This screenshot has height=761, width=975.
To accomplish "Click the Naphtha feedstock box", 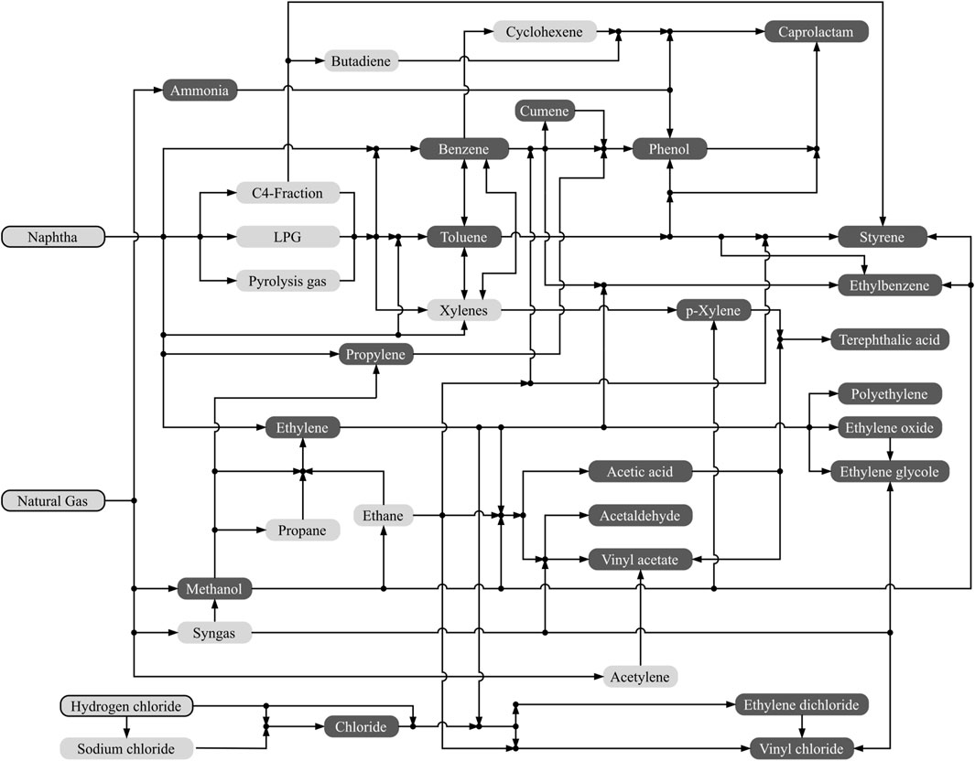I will [53, 237].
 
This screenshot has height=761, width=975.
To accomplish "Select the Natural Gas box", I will [53, 500].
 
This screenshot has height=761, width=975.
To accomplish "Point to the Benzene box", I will [464, 148].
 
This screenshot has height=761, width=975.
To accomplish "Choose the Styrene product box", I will [883, 237].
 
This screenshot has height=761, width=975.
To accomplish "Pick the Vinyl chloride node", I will [801, 749].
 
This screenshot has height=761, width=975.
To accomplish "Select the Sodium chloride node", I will [127, 748].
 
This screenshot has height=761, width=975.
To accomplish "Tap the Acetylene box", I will [640, 677].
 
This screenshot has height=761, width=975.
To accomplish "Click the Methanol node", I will [213, 589].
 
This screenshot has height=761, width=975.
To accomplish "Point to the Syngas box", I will [213, 632].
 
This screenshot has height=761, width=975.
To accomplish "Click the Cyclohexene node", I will [545, 32].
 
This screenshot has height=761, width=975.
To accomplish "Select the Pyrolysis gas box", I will [287, 281].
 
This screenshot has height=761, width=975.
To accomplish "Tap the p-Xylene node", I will [713, 311].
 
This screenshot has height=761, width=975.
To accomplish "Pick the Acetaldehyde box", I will [640, 515].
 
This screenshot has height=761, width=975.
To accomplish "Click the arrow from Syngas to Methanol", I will [213, 610].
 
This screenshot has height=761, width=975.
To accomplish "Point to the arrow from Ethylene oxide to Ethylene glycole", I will [889, 449].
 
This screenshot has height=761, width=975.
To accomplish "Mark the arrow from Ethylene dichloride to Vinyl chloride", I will [803, 727].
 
